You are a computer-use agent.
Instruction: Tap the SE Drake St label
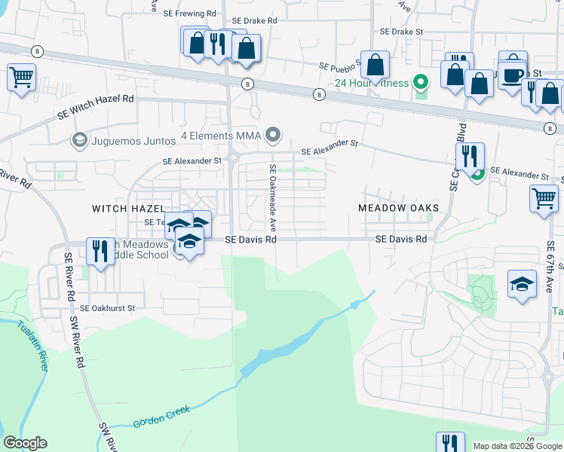tap(403, 32)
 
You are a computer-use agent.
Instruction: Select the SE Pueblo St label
tap(342, 66)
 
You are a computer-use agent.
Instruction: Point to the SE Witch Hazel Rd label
tap(96, 106)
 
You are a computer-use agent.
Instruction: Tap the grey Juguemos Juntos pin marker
tap(78, 139)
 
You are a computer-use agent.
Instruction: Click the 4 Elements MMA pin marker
tap(274, 136)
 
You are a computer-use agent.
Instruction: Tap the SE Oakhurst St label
tap(107, 307)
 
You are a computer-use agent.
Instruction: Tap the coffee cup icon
tap(514, 76)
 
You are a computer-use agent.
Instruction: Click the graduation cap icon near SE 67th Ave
tap(522, 285)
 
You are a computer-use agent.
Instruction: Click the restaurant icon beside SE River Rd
tap(100, 250)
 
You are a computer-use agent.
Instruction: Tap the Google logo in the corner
tap(25, 443)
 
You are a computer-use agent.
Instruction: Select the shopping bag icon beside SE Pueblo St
tap(375, 65)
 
